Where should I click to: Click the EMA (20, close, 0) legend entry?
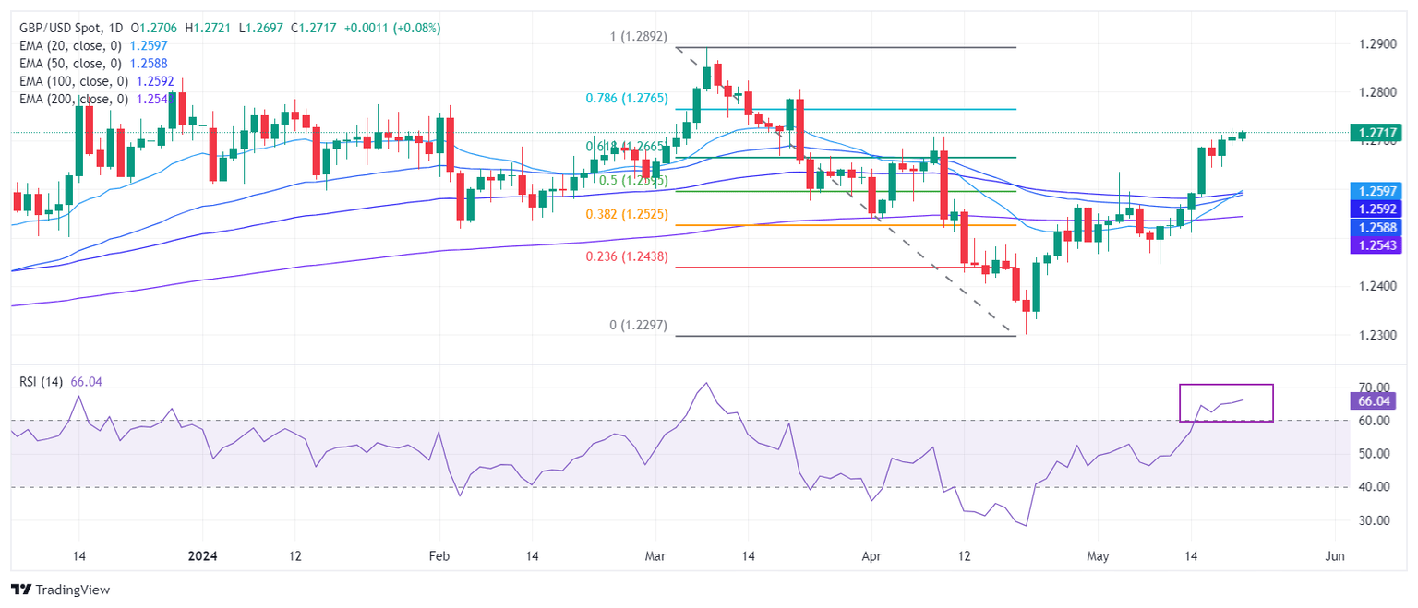coord(69,45)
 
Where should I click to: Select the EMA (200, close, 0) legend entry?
coord(73,99)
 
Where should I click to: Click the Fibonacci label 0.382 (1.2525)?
coord(628,214)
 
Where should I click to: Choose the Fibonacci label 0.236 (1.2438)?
coord(628,256)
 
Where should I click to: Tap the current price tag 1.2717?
coord(1372,133)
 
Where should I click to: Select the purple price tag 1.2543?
coord(1372,244)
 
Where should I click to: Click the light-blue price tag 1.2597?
coord(1372,191)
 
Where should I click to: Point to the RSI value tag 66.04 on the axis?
coord(1372,400)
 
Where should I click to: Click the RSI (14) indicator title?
coord(42,381)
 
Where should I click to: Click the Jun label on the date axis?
coord(1334,557)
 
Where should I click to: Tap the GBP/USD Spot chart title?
coord(62,28)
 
